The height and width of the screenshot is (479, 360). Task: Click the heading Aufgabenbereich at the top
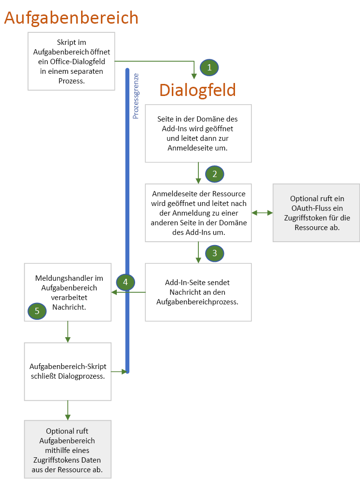(x=71, y=18)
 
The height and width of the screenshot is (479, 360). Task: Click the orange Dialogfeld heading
(x=197, y=90)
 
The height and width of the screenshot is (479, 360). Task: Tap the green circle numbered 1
(x=209, y=68)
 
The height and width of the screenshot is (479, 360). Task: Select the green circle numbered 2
(x=215, y=174)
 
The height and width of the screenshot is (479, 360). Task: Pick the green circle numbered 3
(x=215, y=253)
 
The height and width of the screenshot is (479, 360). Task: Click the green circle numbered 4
(x=125, y=282)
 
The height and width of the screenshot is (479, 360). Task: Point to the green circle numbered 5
(x=37, y=311)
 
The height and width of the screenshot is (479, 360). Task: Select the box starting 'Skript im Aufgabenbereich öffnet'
(x=71, y=61)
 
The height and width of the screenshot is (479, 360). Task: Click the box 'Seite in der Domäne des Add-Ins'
(x=198, y=133)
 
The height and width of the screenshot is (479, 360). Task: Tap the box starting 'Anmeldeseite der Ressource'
(x=198, y=212)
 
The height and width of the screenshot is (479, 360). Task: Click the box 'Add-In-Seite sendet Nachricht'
(x=198, y=292)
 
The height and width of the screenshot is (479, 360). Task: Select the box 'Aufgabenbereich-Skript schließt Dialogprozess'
(x=68, y=371)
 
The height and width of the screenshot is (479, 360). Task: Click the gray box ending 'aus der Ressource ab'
(x=68, y=449)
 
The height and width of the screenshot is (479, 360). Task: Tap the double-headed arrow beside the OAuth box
(x=262, y=212)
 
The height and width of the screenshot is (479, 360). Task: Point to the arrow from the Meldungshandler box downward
(x=68, y=332)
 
